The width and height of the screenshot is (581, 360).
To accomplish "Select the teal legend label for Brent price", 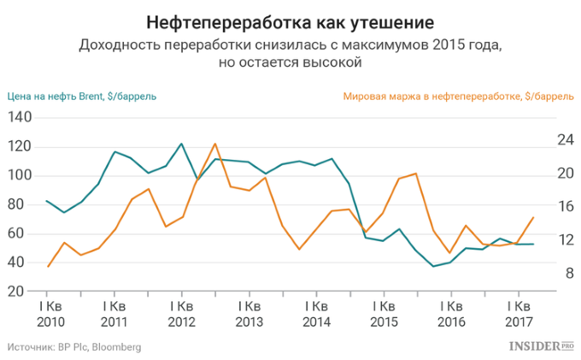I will (x=82, y=97).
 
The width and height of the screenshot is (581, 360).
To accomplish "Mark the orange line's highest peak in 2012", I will (x=214, y=144).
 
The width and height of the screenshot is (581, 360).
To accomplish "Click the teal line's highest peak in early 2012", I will (x=181, y=144).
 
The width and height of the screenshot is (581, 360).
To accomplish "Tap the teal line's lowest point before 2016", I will (x=433, y=266).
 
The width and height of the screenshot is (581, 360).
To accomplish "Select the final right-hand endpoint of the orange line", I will (x=533, y=217).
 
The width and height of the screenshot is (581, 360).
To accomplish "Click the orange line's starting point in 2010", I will (x=48, y=267).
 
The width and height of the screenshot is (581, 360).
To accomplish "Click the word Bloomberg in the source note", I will (x=116, y=347).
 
